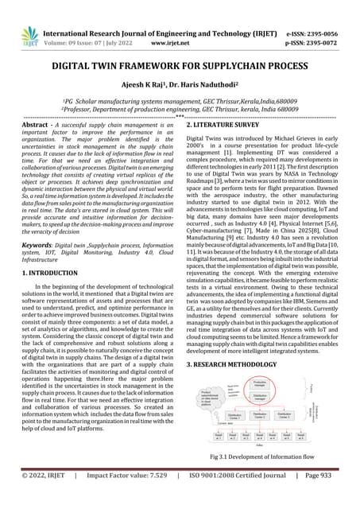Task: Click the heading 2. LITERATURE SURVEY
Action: (227, 126)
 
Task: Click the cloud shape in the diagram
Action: (207, 394)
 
